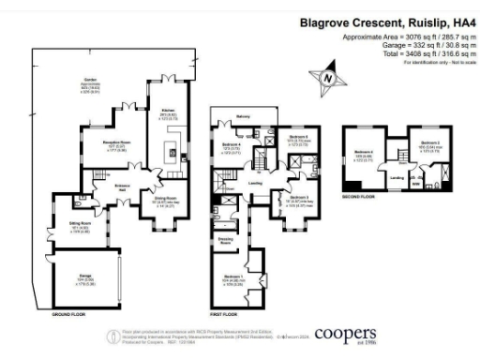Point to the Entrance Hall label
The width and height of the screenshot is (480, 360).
pos(122,187)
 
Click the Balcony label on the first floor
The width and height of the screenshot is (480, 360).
pos(243,117)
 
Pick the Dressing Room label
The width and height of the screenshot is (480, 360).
pos(226,241)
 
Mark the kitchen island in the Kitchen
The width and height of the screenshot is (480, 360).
pos(171,151)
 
